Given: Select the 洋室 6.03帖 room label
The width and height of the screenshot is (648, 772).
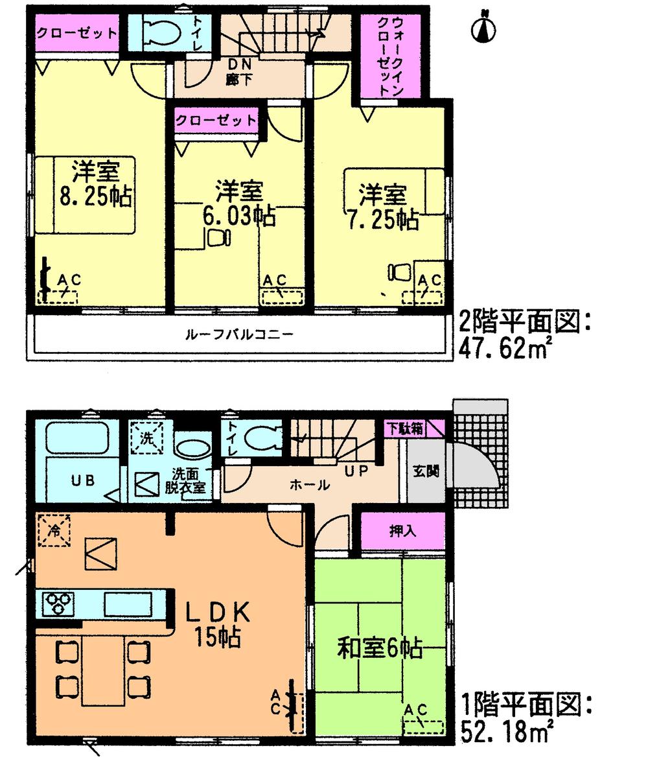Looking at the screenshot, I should click(239, 204).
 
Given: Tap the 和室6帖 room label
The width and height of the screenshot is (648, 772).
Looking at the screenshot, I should click(380, 648).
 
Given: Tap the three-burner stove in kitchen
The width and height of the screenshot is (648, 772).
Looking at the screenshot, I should click(56, 604).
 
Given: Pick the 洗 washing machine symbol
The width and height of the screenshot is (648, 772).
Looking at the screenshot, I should click(148, 438).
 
